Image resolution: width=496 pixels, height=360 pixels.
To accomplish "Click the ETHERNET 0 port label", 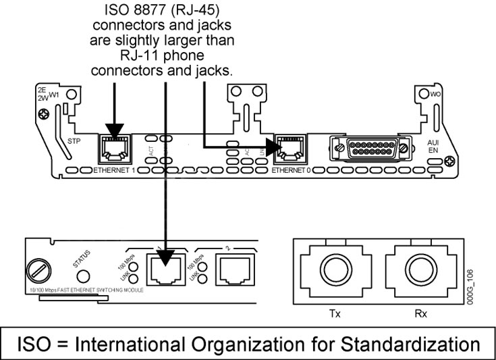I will [291, 170].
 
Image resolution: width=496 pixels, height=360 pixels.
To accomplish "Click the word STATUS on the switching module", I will [80, 255].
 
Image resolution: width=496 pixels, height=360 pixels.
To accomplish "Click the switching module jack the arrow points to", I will [165, 269].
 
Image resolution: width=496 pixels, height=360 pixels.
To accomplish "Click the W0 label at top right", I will [436, 95].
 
